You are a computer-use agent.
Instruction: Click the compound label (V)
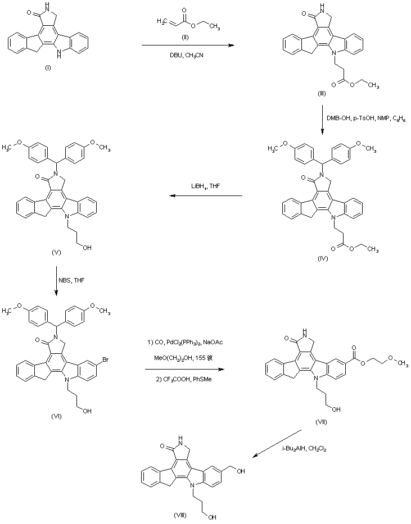click(x=56, y=252)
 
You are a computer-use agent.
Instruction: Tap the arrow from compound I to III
click(x=187, y=45)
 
